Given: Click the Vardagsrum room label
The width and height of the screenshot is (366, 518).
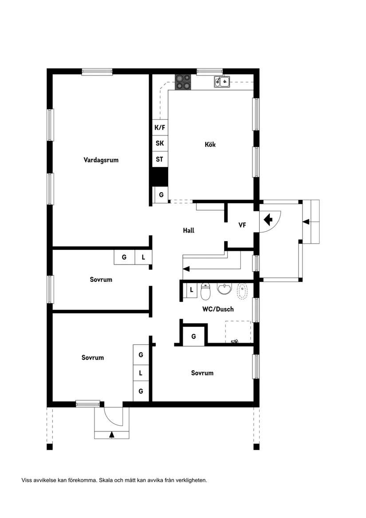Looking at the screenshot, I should [101, 160].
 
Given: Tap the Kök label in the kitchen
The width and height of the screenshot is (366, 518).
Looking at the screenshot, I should [210, 145].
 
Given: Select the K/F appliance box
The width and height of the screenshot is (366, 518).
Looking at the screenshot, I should [160, 128].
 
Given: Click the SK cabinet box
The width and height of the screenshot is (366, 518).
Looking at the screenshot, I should [160, 143].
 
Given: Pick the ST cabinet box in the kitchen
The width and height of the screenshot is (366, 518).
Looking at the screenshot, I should [160, 159].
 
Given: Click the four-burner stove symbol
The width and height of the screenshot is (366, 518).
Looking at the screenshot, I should [183, 82].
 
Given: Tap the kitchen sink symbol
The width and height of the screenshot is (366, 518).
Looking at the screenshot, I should [222, 81].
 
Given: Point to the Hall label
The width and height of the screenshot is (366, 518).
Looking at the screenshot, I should [189, 230].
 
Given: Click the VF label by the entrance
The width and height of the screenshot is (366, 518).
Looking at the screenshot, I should [242, 225].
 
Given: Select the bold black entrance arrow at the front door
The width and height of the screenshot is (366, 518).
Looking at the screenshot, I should [268, 219].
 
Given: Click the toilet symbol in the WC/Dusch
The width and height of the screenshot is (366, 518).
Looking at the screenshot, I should [205, 292].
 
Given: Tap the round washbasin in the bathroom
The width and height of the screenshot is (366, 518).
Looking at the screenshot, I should [224, 289].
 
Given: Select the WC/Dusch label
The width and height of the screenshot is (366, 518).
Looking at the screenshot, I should [218, 309].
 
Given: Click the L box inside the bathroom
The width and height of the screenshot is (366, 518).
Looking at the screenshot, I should [191, 290].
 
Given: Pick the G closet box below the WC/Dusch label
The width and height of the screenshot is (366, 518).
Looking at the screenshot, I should [194, 336].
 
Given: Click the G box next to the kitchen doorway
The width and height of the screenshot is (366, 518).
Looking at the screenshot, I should [161, 195].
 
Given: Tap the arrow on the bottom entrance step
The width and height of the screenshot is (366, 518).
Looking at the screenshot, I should [111, 435].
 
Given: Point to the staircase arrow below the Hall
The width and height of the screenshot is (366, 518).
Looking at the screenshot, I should [186, 268].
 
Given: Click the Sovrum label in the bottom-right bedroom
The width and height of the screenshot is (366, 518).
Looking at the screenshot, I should [202, 373].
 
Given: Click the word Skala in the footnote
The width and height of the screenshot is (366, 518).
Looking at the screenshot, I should [106, 480].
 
